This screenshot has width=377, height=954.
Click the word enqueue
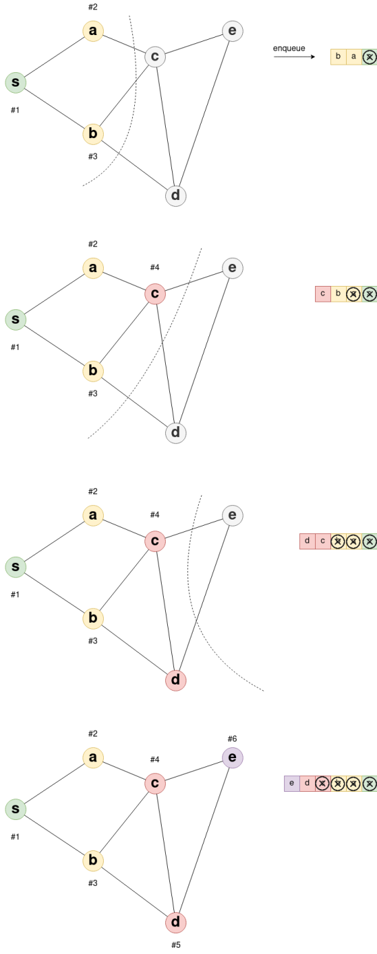click(x=289, y=48)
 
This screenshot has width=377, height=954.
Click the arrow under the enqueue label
click(x=294, y=56)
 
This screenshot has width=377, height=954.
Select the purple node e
click(x=233, y=757)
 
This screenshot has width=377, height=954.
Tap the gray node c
click(x=155, y=56)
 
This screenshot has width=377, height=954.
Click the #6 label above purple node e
click(x=232, y=738)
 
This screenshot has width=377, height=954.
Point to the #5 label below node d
click(x=175, y=944)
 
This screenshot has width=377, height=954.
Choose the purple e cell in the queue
click(x=292, y=784)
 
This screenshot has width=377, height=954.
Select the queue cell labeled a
click(x=354, y=56)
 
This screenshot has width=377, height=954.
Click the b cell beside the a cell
click(x=338, y=56)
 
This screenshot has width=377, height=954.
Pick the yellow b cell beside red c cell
click(x=338, y=294)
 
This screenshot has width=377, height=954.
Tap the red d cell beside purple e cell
click(x=307, y=784)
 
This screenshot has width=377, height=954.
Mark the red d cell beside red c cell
click(x=307, y=542)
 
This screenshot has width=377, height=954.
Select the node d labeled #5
click(x=175, y=922)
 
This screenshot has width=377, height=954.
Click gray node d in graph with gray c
click(x=175, y=195)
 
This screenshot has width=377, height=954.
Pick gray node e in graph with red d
click(x=233, y=515)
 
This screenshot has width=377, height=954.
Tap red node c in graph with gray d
click(x=155, y=293)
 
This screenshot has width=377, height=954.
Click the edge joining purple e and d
click(x=204, y=840)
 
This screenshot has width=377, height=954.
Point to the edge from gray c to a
click(x=124, y=43)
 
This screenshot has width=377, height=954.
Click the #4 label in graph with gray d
click(x=155, y=267)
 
